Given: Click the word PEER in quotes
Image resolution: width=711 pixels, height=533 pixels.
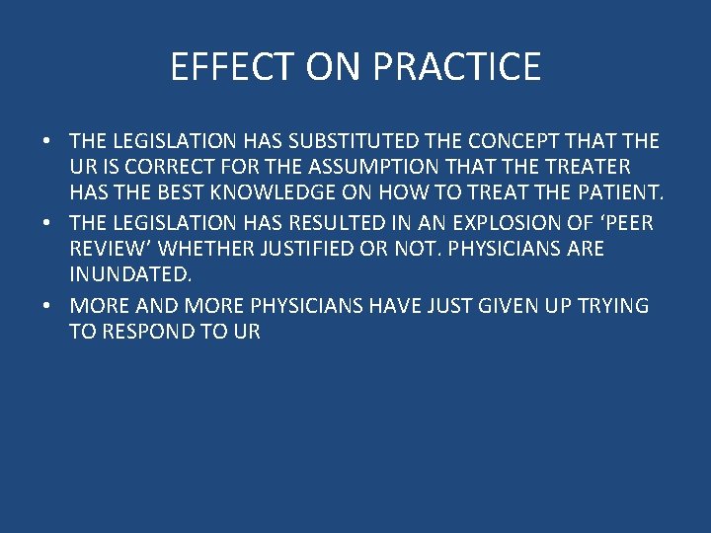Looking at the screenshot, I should click(624, 223).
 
